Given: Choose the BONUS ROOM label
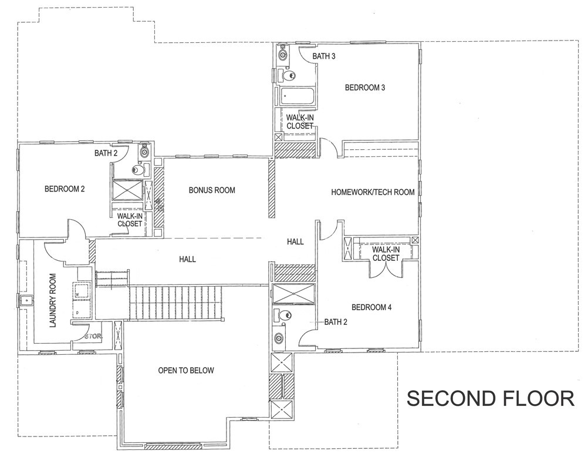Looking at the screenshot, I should [x=212, y=190].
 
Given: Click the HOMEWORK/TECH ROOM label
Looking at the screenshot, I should [x=373, y=192].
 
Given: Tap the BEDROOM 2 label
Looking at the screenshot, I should [x=65, y=189].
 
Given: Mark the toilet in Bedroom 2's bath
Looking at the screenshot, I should [x=138, y=170].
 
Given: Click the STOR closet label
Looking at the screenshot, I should [x=93, y=337].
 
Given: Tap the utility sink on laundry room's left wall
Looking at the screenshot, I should [x=24, y=301].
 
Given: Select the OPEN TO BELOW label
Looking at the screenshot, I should [x=186, y=371].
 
